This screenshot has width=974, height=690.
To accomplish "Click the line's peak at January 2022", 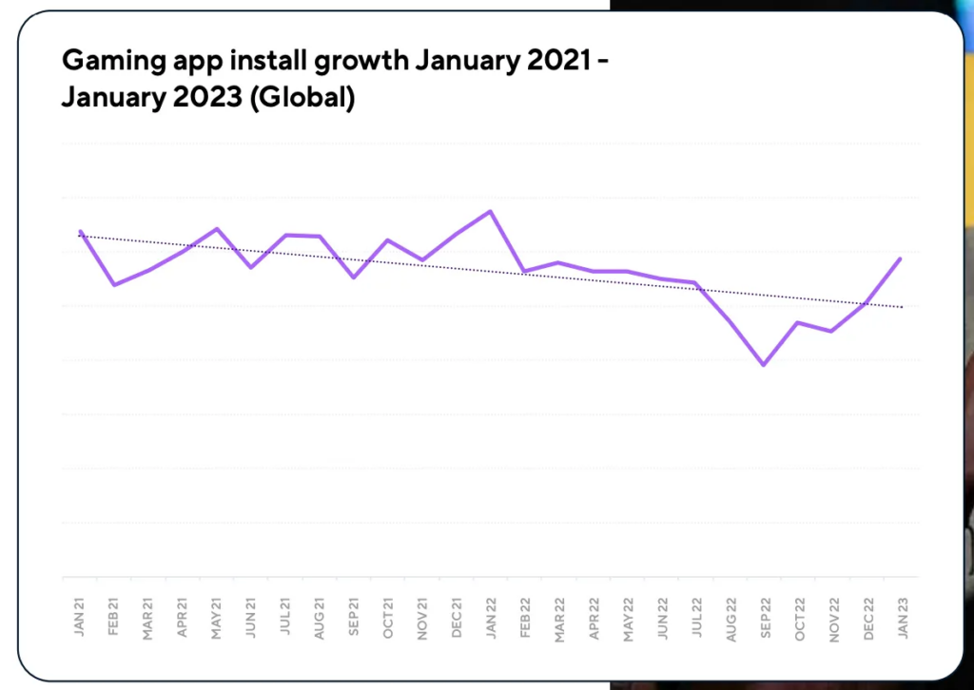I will coord(490,211).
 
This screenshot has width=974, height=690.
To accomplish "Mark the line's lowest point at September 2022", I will coord(763,365).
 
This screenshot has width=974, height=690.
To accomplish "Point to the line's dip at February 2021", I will coord(114,284).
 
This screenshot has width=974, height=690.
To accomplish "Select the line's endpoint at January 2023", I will coord(900,259).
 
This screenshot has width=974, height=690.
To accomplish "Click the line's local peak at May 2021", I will coord(218,229).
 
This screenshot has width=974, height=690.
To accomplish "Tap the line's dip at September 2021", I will coord(354,278).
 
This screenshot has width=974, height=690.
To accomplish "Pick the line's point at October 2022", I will coord(797,322).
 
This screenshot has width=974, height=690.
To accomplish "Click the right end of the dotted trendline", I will coord(902,307).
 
